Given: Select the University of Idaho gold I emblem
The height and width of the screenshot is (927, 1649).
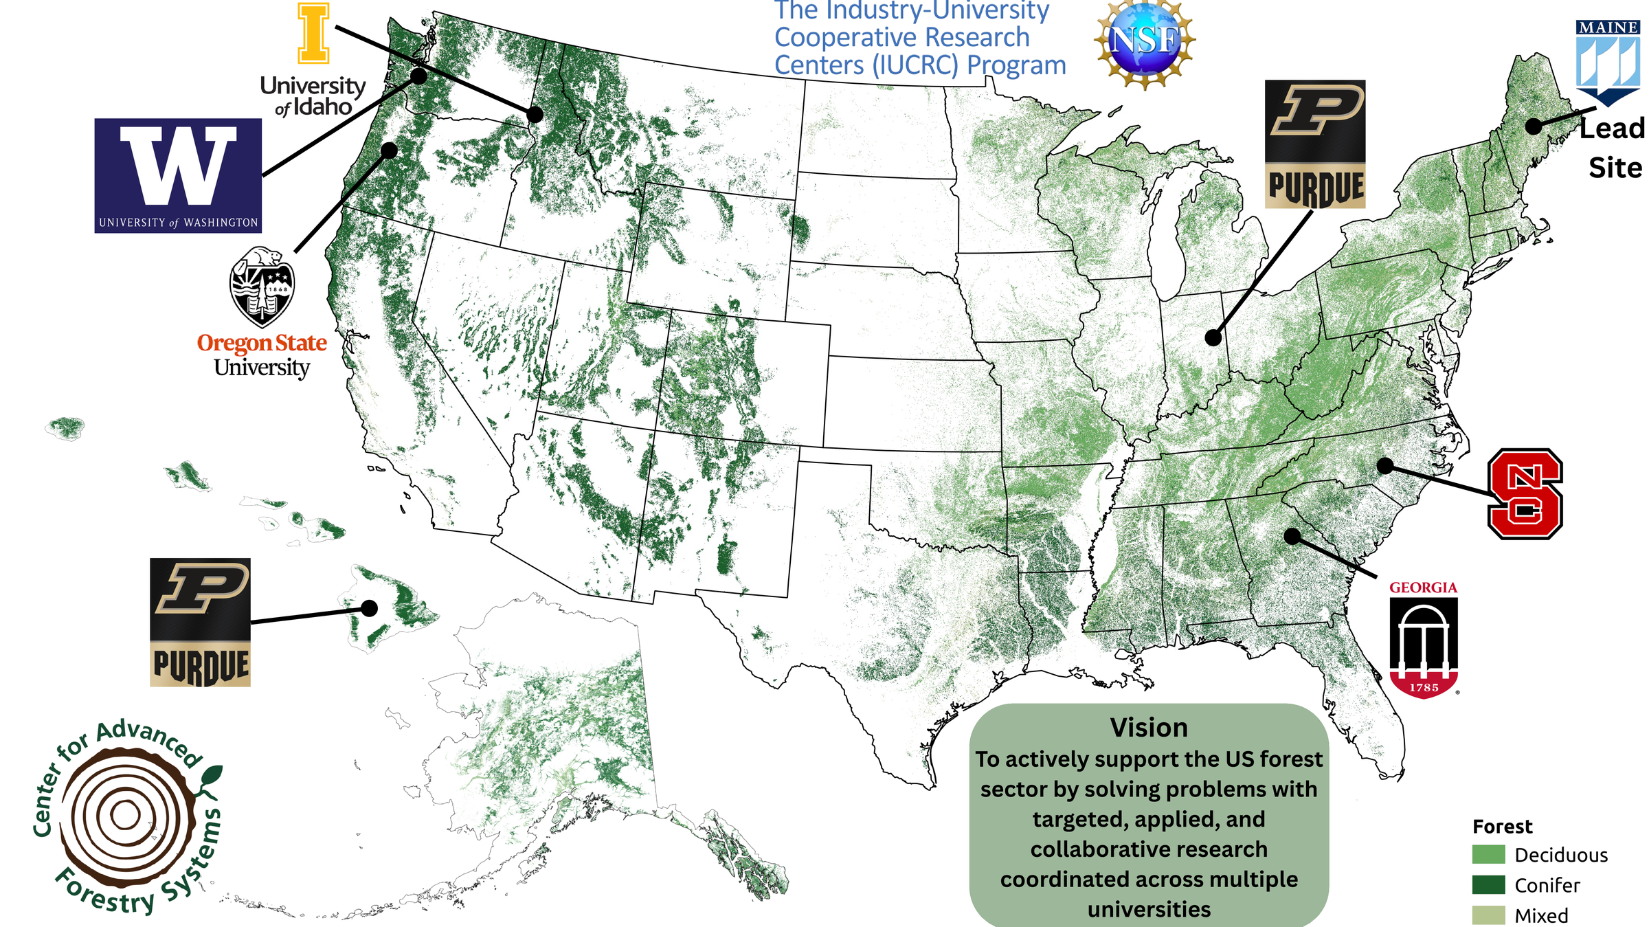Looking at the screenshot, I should coord(313,33).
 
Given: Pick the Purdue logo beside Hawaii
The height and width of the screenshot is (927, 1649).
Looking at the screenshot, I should coord(200,622).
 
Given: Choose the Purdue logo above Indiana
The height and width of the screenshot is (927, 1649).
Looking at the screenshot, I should coord(1315,144).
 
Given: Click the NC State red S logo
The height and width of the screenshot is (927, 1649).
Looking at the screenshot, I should coord(1525,493).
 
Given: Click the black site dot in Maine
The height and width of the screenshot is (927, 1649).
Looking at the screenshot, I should coord(1534,126).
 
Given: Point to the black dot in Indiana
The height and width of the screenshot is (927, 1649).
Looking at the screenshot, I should coord(1213,337).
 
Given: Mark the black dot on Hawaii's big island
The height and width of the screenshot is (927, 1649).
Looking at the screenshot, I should coord(370,608).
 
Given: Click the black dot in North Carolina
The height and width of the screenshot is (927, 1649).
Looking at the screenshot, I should coord(1385,466).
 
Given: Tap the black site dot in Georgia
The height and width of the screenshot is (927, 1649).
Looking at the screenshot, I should coord(1292,536).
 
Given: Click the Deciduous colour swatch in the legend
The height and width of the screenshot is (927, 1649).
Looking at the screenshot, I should coord(1488,854).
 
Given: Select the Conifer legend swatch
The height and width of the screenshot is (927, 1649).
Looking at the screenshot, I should coord(1488,884).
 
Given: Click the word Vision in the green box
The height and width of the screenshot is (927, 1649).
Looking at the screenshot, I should coord(1149,728).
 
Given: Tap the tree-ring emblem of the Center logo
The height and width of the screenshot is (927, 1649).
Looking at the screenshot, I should coord(126,816).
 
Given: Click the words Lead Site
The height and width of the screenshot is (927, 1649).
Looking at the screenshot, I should coord(1613,148).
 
